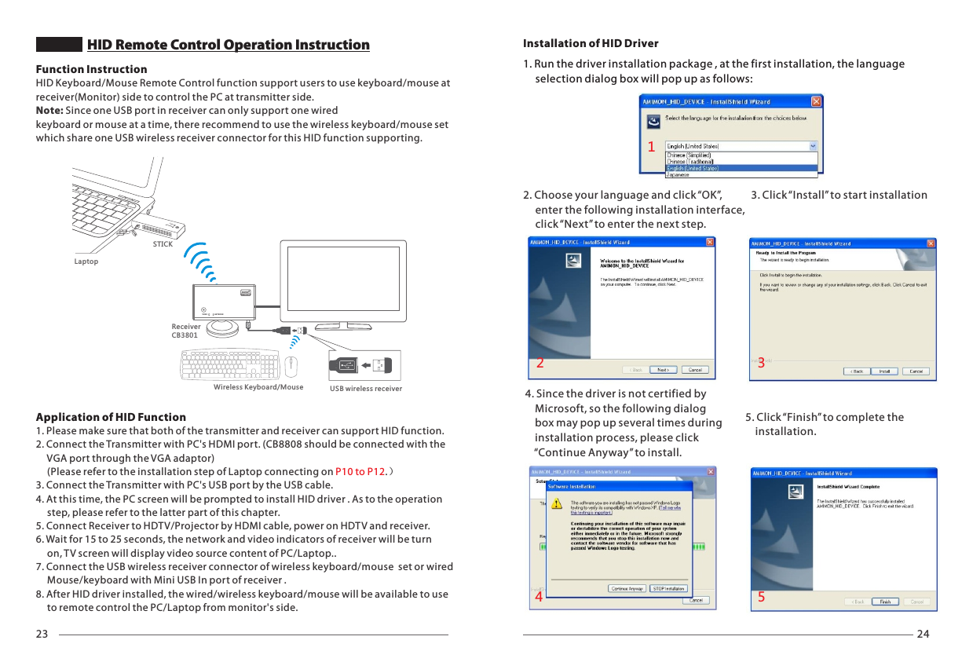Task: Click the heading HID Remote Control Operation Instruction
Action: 228,45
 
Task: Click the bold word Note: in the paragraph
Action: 49,111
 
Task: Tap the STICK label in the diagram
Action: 163,244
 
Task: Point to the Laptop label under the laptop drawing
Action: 86,262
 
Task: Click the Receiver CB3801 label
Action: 185,331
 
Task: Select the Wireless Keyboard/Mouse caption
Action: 258,387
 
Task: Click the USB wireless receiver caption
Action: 365,389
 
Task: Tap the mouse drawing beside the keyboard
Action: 291,365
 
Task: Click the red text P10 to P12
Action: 360,471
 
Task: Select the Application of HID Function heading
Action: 111,417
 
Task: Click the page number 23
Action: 42,635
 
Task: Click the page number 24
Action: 923,635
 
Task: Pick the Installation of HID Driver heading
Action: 591,43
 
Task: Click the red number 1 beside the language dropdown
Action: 651,147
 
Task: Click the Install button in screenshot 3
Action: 883,371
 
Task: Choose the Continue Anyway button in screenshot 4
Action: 627,588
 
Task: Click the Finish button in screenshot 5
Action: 884,602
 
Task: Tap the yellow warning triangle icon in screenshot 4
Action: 556,503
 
